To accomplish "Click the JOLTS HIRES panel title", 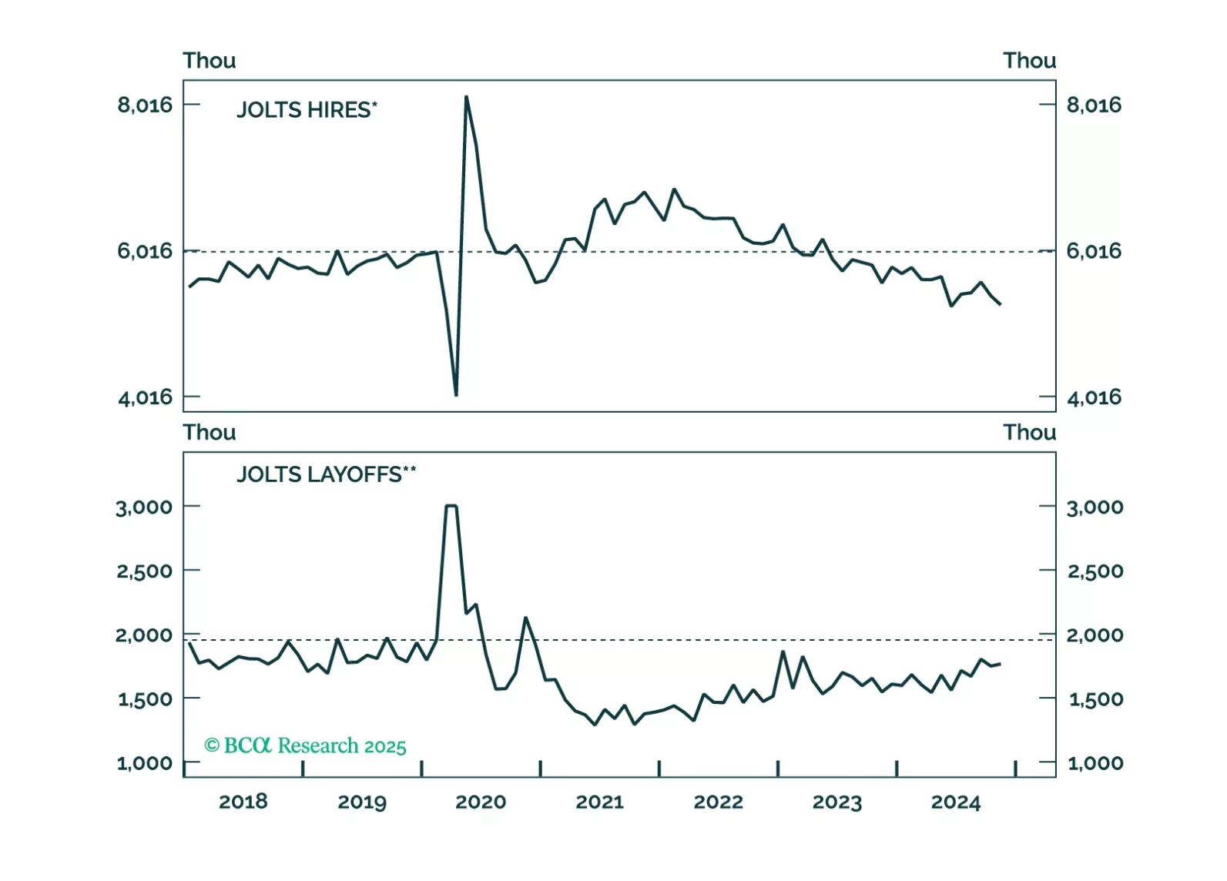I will (x=306, y=110).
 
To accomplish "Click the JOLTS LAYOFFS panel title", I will (x=325, y=474).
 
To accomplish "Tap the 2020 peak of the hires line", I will (x=467, y=97).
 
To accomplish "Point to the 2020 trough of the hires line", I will (x=456, y=395).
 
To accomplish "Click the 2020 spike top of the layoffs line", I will (x=451, y=506).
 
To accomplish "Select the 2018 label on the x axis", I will (x=243, y=802).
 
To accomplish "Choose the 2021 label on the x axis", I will (x=599, y=802).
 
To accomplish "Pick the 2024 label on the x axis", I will (x=955, y=802).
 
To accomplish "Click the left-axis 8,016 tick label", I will (x=145, y=105).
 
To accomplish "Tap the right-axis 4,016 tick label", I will (x=1094, y=397).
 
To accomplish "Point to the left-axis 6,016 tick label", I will (x=145, y=251).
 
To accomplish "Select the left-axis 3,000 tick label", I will (x=144, y=507).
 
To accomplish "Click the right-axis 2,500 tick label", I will (x=1095, y=571).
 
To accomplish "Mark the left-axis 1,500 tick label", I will (x=145, y=699).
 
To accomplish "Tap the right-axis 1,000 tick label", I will (x=1095, y=763).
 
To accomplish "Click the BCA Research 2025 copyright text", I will (x=305, y=745).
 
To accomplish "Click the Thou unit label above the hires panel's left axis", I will (x=209, y=61).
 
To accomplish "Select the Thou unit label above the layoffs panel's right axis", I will (x=1029, y=433).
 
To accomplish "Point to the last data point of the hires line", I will (x=1000, y=304).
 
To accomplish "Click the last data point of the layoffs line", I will (x=1000, y=664).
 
